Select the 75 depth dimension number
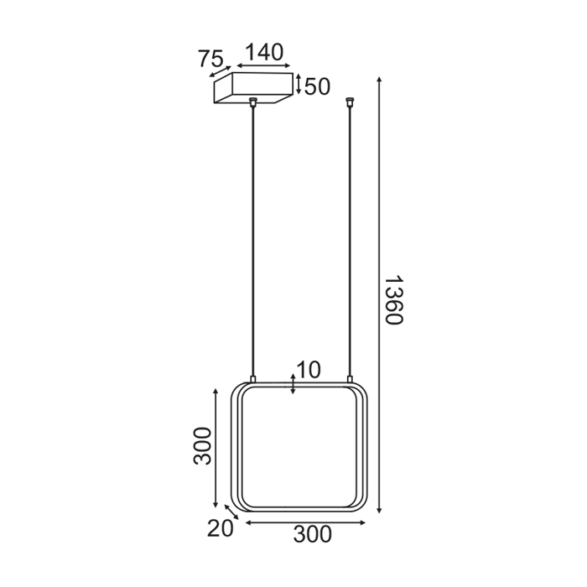click(x=210, y=59)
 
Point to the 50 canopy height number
click(x=318, y=86)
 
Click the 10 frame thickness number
click(x=309, y=370)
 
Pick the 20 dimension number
click(x=219, y=527)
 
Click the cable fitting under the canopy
click(x=252, y=103)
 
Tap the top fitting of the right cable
click(x=349, y=103)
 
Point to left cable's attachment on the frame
click(x=253, y=380)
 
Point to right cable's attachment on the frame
click(x=349, y=380)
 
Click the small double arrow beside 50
click(x=298, y=84)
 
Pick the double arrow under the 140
click(x=263, y=66)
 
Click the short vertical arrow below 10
click(x=292, y=384)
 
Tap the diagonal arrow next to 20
click(x=231, y=512)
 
